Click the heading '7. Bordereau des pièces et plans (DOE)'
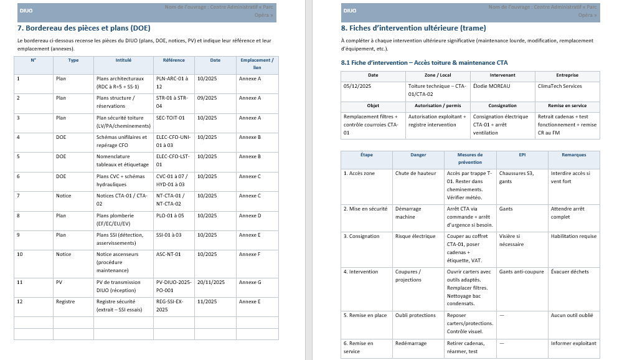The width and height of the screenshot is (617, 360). (x=84, y=28)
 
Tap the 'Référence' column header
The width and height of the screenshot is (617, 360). (x=174, y=60)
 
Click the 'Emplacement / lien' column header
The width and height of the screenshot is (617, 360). (x=257, y=64)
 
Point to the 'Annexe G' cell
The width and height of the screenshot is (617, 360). (x=250, y=282)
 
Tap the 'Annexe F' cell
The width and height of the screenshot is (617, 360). (x=250, y=254)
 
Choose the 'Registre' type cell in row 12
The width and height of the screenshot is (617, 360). (x=65, y=301)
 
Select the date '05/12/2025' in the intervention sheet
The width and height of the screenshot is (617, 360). (x=357, y=86)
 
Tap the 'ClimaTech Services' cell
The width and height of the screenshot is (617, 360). (x=560, y=86)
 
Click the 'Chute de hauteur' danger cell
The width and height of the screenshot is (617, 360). (x=415, y=173)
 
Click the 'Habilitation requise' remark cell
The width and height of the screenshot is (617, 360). (x=573, y=236)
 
